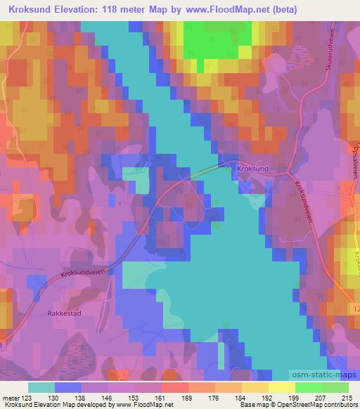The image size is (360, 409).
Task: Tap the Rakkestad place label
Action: (66, 313)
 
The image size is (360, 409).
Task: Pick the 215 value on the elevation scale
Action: (347, 397)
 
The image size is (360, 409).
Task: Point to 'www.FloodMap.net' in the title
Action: (219, 10)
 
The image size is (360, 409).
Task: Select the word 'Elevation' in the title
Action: (77, 10)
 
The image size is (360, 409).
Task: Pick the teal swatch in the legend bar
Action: (41, 387)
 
